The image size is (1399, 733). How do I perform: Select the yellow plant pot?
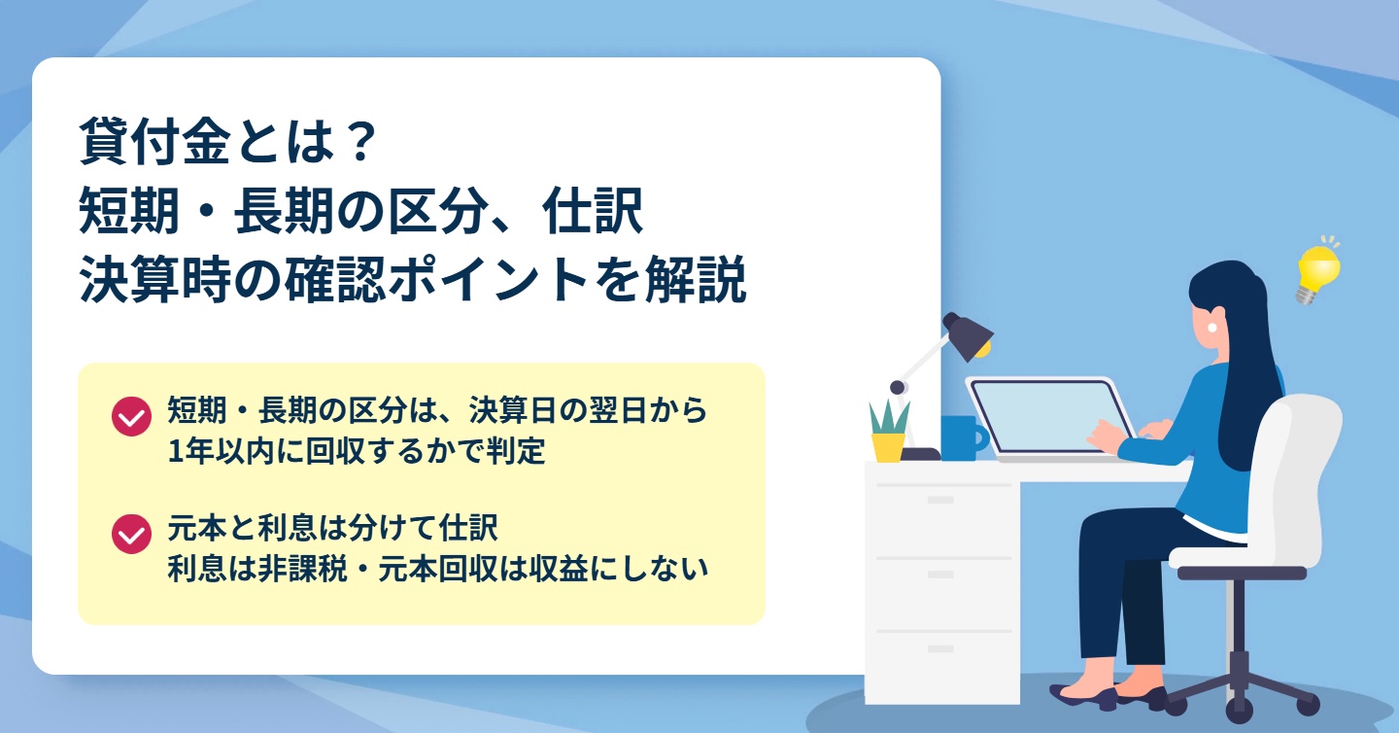point(888,447)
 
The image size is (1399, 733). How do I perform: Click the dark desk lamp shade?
point(967,335)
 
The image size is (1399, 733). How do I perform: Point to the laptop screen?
point(1051,415)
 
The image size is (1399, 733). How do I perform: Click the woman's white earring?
point(1211,328)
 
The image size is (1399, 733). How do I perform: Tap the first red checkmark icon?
point(131,416)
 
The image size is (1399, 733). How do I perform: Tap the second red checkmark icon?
point(131,534)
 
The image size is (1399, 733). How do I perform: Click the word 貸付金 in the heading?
point(154,142)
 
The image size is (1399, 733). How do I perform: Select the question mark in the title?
point(360,142)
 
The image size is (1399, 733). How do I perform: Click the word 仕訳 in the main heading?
point(593,211)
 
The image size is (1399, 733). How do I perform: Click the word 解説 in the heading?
point(696,279)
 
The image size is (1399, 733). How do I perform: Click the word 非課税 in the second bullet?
point(302,568)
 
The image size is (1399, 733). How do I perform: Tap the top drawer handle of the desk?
point(940,500)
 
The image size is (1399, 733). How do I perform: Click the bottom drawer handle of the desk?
point(940,648)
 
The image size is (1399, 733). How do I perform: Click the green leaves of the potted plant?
point(889,417)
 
